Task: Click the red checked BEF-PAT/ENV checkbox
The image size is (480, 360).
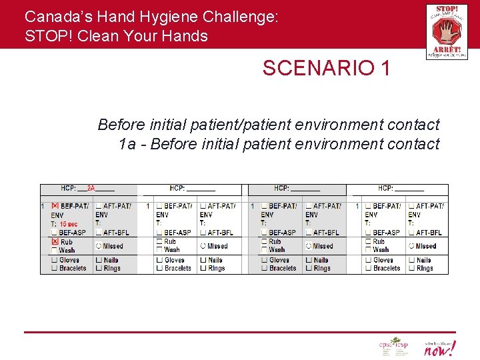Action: point(55,207)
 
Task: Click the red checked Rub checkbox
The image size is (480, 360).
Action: point(55,241)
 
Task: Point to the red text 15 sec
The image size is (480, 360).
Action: point(68,224)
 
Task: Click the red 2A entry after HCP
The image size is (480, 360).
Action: point(91,189)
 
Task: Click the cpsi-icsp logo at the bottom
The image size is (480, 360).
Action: point(393,347)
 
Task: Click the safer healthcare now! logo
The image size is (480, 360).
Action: point(440,347)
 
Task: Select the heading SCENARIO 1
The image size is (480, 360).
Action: point(326,68)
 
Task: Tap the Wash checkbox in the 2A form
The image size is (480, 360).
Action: point(55,250)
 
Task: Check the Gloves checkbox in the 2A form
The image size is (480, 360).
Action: point(55,260)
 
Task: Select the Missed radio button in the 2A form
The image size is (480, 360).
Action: point(99,246)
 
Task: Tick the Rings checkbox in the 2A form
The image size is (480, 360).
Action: point(99,268)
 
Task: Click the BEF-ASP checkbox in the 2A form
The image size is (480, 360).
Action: point(55,233)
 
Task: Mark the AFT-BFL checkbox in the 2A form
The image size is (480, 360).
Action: point(99,233)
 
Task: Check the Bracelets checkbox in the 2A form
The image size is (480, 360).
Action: point(55,268)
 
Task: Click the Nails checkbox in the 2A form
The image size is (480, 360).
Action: point(99,260)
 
